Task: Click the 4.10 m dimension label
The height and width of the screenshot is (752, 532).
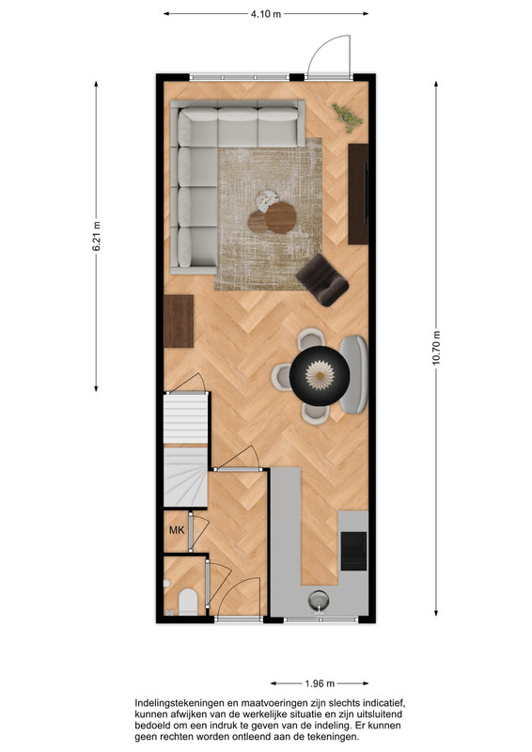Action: pyautogui.click(x=266, y=14)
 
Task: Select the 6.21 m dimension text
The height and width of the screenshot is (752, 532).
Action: pyautogui.click(x=97, y=236)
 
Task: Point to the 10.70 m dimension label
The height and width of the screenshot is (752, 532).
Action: pyautogui.click(x=436, y=348)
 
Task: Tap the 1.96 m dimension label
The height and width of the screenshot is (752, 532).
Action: pyautogui.click(x=320, y=683)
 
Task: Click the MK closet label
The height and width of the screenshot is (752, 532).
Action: pyautogui.click(x=177, y=530)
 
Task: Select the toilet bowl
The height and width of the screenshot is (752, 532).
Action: pyautogui.click(x=188, y=602)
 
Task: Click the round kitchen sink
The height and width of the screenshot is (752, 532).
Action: pyautogui.click(x=319, y=600)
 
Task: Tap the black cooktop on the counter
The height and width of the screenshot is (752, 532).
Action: pyautogui.click(x=353, y=551)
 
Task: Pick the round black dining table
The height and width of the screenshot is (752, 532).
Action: pyautogui.click(x=320, y=375)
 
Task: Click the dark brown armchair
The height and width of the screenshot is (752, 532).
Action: pyautogui.click(x=322, y=280)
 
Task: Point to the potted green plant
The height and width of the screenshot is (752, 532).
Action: pyautogui.click(x=347, y=117)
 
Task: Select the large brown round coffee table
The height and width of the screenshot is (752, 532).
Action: pyautogui.click(x=281, y=218)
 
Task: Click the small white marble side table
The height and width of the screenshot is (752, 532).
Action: pyautogui.click(x=267, y=201)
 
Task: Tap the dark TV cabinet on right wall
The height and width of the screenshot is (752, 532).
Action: pyautogui.click(x=358, y=194)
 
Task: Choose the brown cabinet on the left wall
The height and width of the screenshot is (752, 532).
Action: pyautogui.click(x=179, y=321)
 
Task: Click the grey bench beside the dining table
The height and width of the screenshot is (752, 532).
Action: pyautogui.click(x=353, y=374)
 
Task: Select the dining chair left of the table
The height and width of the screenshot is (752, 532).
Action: pyautogui.click(x=281, y=377)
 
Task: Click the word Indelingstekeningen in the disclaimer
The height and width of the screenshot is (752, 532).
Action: pyautogui.click(x=179, y=703)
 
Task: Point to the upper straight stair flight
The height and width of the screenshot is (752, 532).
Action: pyautogui.click(x=186, y=418)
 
